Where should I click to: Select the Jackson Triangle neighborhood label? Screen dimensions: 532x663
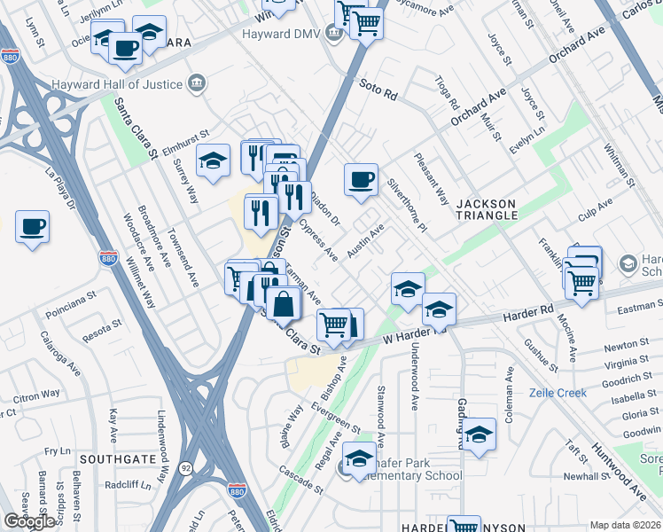click(487, 209)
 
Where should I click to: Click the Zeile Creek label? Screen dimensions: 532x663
click(558, 393)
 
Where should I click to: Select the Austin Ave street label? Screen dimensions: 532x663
click(365, 240)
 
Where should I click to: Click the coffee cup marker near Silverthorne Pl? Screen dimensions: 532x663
click(361, 180)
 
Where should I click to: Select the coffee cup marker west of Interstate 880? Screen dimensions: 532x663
click(32, 227)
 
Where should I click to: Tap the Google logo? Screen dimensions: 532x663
click(29, 521)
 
